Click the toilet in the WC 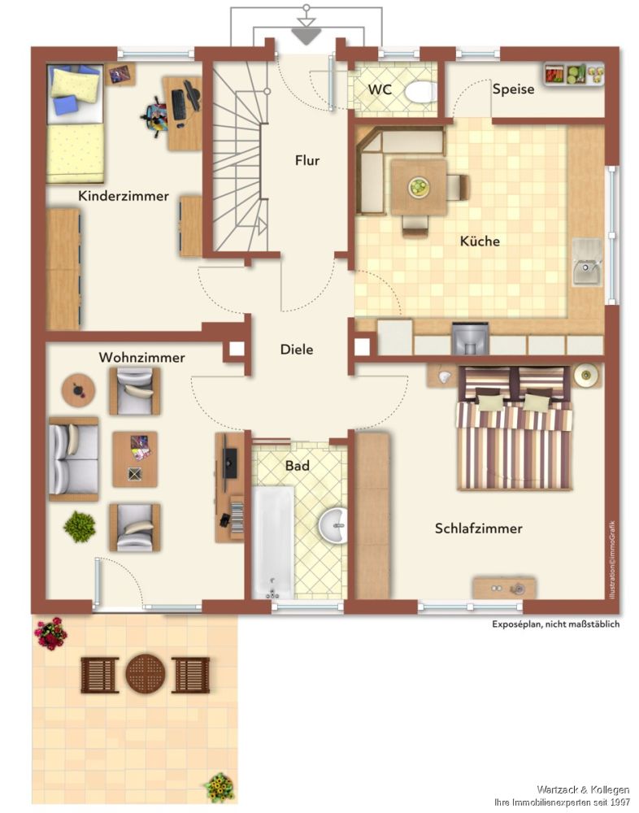[419, 93]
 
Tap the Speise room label [513, 89]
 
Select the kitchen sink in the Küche [587, 263]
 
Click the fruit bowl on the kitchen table [418, 186]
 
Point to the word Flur [307, 160]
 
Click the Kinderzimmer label [124, 196]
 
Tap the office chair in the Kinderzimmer [155, 116]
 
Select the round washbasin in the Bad [333, 525]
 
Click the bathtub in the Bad [273, 541]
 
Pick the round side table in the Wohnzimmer [78, 390]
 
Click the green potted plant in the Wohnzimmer [80, 527]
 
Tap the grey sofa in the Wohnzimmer [74, 459]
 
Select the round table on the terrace [146, 674]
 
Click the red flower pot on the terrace [50, 633]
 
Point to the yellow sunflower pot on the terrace [221, 788]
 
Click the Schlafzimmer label [478, 528]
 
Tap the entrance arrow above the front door [306, 36]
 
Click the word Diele [297, 349]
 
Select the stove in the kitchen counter [471, 338]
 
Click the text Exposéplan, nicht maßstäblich [555, 624]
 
